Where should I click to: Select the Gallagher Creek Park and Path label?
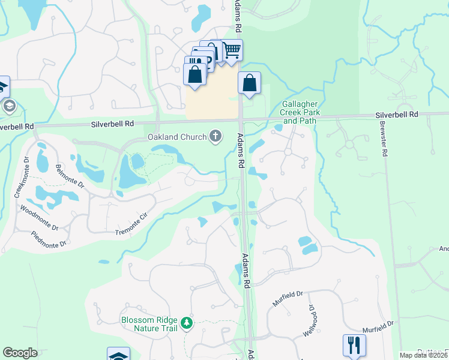(x=300, y=112)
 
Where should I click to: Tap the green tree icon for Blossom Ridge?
(x=187, y=324)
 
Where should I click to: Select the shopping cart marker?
(x=232, y=51)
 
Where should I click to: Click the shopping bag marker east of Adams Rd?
(x=249, y=83)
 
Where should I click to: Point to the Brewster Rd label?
(x=383, y=141)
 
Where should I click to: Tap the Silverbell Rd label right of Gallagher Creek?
(x=397, y=114)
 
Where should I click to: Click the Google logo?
(x=20, y=353)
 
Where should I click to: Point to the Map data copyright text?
(x=423, y=355)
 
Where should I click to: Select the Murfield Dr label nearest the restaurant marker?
(x=378, y=325)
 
